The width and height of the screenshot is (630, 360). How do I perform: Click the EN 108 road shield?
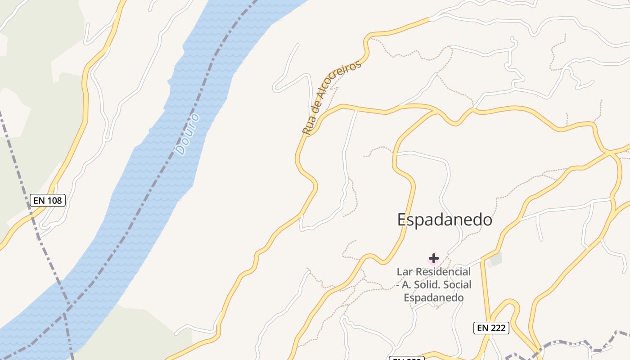[48, 200]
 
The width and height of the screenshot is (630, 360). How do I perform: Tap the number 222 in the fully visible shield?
[498, 328]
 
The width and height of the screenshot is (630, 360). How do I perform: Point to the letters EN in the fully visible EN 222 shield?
[483, 328]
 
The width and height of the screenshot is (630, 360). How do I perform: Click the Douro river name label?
[188, 134]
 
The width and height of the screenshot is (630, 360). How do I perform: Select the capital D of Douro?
[181, 149]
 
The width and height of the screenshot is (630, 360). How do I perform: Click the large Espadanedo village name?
[445, 220]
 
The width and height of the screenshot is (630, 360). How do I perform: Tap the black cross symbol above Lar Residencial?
[433, 258]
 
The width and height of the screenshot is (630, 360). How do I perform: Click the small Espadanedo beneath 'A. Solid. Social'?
[433, 297]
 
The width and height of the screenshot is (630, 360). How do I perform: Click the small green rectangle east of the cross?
[495, 259]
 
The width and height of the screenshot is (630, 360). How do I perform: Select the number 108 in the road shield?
[54, 200]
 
